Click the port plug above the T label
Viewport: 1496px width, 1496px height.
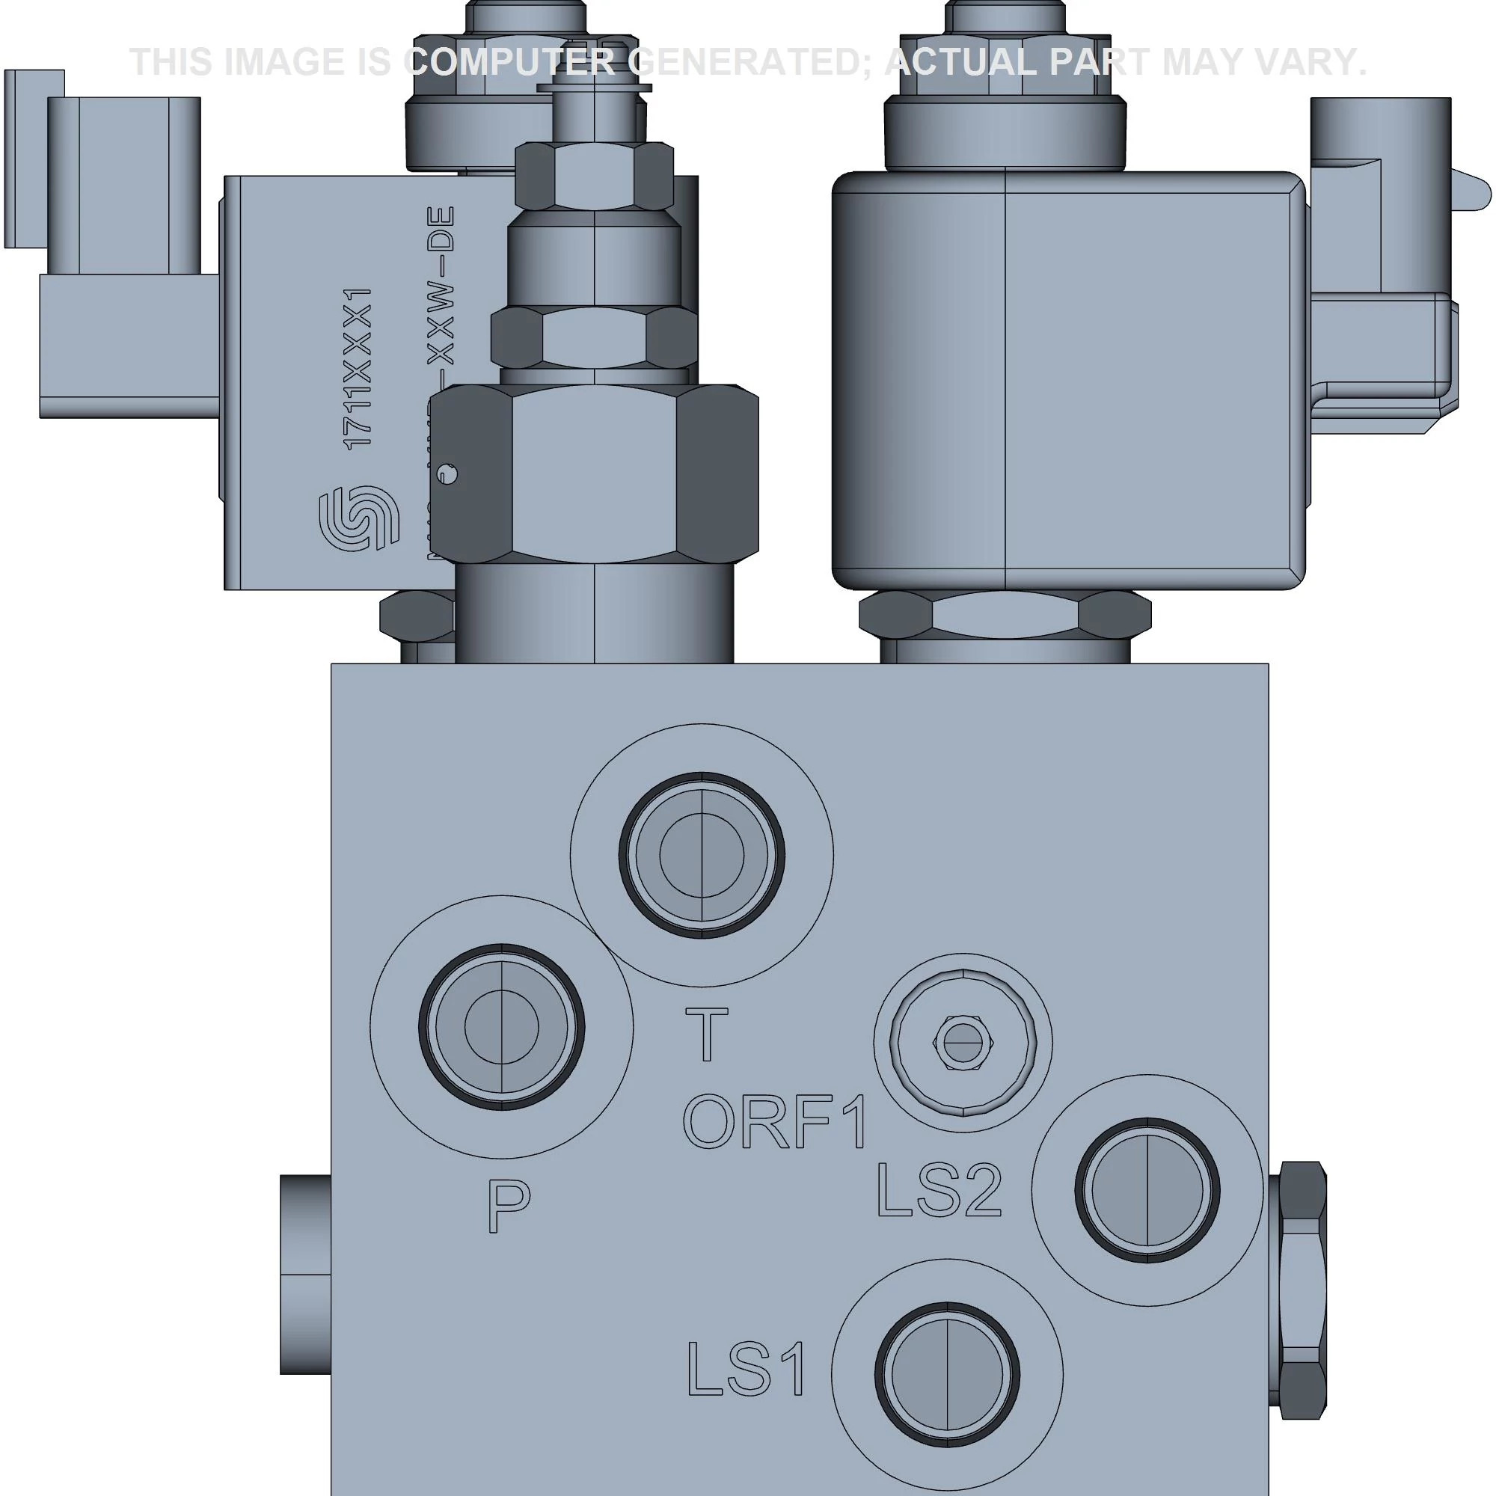point(702,855)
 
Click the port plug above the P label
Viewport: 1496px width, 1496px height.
point(501,1028)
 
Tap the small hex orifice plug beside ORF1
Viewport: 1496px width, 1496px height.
point(963,1042)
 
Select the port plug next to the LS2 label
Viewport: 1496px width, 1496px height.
point(1147,1190)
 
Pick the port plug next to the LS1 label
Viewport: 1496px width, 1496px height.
point(946,1374)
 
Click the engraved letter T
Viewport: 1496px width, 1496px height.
point(706,1034)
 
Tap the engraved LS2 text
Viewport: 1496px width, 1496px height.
point(939,1190)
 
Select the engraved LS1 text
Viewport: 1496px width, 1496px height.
point(747,1369)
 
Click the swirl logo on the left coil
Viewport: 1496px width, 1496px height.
point(358,518)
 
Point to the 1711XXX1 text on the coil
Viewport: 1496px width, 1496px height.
point(358,368)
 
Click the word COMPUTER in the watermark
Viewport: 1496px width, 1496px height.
point(511,62)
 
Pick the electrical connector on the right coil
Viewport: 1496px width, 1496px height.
point(1382,263)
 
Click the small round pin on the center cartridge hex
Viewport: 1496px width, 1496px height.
point(447,474)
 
